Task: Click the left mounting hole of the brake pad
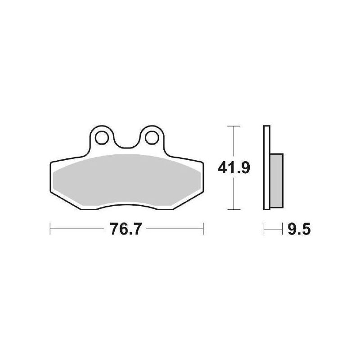click(102, 138)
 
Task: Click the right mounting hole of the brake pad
click(152, 138)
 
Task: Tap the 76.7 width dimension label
click(125, 229)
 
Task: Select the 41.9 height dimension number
click(234, 168)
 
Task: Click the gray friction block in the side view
click(277, 181)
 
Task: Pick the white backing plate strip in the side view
click(267, 167)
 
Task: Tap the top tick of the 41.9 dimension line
click(234, 126)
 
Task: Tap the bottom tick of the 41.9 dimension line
click(234, 209)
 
